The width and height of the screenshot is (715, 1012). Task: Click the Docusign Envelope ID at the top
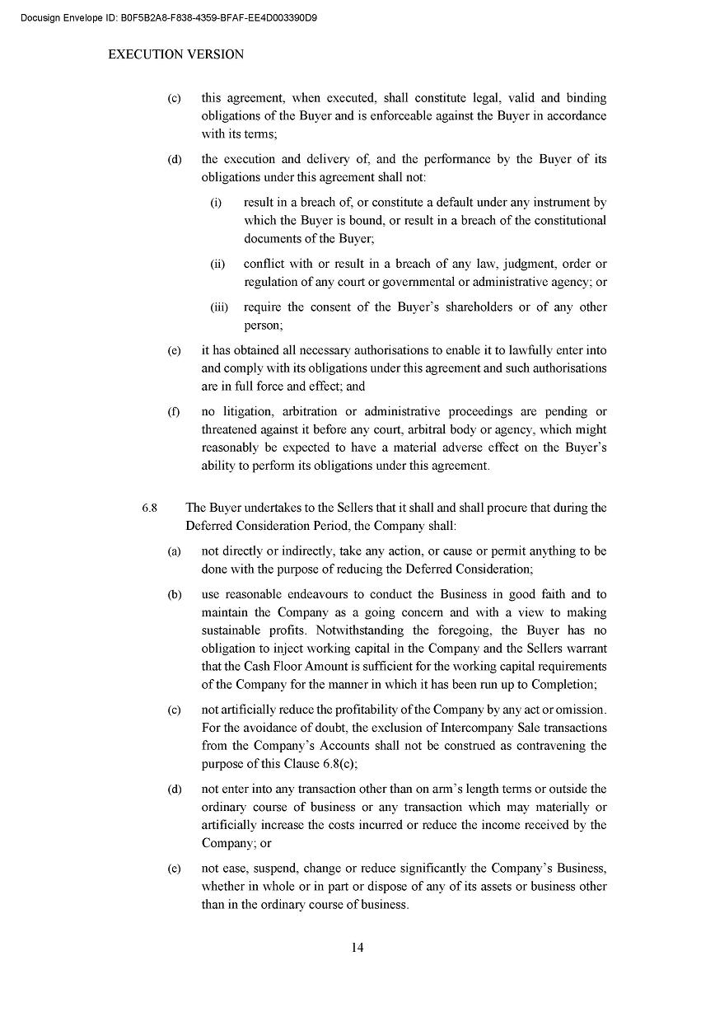click(169, 17)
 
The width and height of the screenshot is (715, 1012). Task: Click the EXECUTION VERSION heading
click(176, 54)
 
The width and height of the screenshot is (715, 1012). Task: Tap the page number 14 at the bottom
click(357, 947)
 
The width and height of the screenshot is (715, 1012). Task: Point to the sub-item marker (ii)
click(217, 265)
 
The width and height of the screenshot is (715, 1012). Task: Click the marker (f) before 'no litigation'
click(174, 411)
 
